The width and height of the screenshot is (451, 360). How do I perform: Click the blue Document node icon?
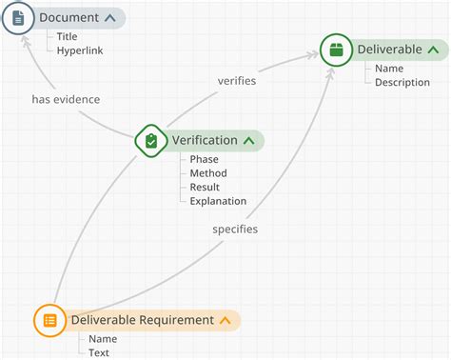coord(19,18)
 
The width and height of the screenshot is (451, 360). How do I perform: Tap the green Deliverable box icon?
coord(336,50)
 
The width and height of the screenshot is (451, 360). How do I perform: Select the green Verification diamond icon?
coord(151,141)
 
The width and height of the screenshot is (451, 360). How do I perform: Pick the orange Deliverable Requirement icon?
coord(50,320)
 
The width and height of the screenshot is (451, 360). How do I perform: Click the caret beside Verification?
coord(249,141)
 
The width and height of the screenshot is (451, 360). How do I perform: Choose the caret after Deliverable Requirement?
coord(225,321)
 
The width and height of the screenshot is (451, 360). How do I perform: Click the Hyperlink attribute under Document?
coord(80,50)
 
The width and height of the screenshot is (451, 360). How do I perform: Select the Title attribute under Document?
coord(68,36)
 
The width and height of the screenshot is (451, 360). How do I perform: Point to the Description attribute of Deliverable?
coord(402,82)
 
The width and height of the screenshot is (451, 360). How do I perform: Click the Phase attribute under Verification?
coord(204,159)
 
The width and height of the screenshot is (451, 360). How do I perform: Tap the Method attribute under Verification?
coord(208,173)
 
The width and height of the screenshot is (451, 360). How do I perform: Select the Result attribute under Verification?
coord(205,188)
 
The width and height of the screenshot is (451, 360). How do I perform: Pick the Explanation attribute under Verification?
coord(218,201)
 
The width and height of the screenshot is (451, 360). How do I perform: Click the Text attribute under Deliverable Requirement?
coord(99,352)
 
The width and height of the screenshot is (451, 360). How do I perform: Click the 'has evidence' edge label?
coord(66,99)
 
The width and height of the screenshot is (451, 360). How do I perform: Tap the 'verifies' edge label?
coord(237,81)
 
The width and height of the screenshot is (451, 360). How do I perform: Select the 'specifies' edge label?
coord(235,230)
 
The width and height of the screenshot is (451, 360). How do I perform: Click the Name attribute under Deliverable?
coord(389,69)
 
